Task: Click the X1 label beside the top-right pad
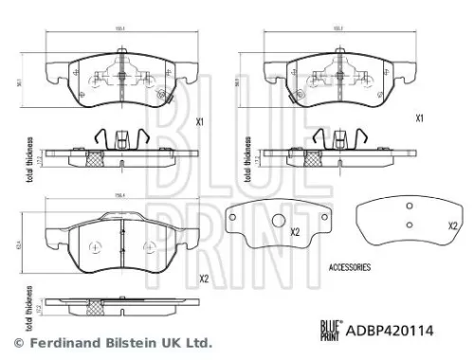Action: pyautogui.click(x=419, y=120)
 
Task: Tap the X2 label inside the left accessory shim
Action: pyautogui.click(x=295, y=232)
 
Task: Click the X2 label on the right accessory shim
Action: pyautogui.click(x=452, y=225)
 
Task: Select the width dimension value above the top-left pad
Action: pyautogui.click(x=120, y=29)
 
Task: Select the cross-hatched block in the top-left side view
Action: pyautogui.click(x=95, y=157)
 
